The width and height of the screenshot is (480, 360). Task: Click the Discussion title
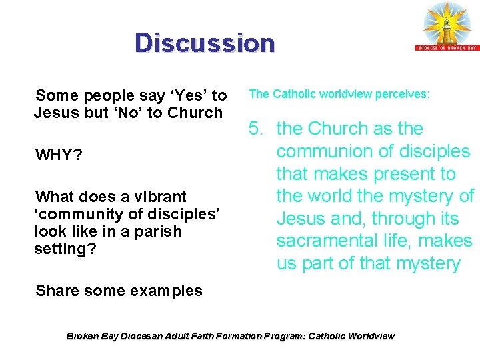204,43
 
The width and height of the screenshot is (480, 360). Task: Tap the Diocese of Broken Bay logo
447,26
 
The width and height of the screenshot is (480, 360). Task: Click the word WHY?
59,155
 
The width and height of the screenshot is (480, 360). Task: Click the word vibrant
161,197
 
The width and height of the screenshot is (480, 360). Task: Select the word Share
56,291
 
